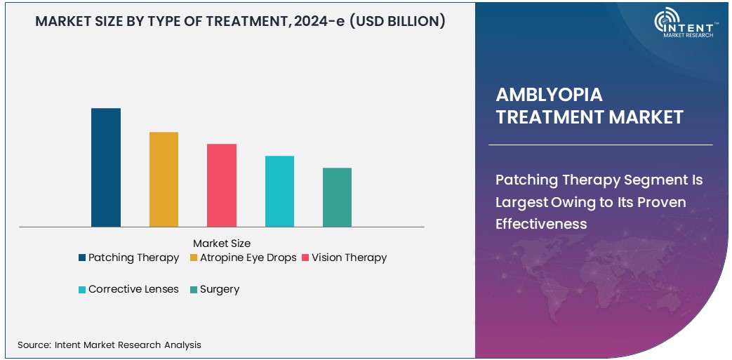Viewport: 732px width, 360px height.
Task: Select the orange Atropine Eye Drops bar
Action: (x=164, y=179)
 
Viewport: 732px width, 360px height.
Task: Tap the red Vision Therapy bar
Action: (x=222, y=185)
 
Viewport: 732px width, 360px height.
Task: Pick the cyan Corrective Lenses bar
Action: (x=279, y=191)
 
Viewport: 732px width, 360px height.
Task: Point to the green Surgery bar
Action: (x=337, y=197)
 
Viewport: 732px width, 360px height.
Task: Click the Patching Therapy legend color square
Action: (x=82, y=258)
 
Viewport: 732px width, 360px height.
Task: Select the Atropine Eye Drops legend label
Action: (x=248, y=258)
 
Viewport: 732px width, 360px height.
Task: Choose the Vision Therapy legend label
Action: (x=349, y=258)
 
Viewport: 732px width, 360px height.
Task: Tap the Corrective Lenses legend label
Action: (x=133, y=289)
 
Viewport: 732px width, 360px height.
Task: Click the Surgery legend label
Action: (x=220, y=289)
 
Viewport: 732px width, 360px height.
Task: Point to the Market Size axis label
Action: (x=221, y=244)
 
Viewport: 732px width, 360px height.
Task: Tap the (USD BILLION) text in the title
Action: (x=399, y=22)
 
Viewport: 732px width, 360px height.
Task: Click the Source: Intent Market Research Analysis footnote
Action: (x=109, y=345)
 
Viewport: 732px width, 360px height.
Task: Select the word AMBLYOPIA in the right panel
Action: (x=549, y=95)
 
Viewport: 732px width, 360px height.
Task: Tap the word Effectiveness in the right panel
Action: (x=540, y=224)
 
